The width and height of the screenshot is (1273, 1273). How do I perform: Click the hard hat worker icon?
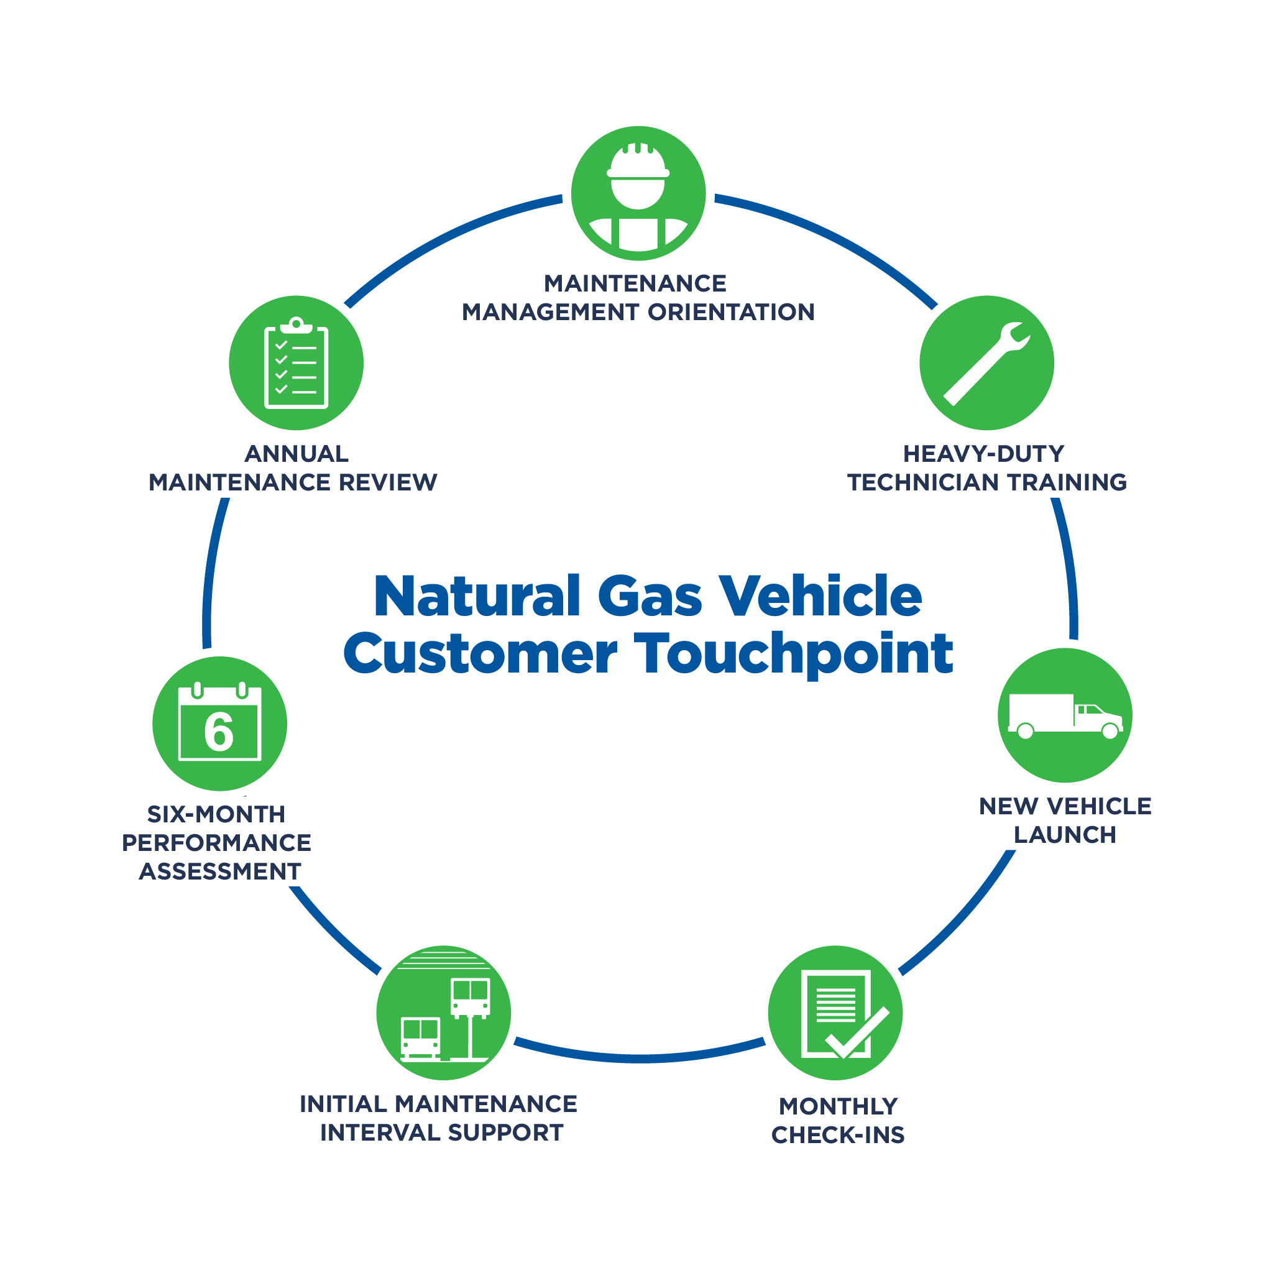click(638, 194)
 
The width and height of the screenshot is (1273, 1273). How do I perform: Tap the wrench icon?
click(986, 363)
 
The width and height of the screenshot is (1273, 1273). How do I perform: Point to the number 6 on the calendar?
click(219, 732)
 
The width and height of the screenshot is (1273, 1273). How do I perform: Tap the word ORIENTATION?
click(732, 312)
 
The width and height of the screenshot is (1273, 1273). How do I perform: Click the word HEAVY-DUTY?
click(983, 454)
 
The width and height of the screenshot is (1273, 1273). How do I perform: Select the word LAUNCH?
click(1064, 835)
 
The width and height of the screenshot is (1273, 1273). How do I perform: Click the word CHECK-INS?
click(837, 1135)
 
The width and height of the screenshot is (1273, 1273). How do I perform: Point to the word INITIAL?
click(342, 1105)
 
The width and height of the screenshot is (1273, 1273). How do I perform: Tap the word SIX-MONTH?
click(216, 814)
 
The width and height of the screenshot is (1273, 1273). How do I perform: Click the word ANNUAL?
click(296, 454)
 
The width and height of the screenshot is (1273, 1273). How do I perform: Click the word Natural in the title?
click(476, 596)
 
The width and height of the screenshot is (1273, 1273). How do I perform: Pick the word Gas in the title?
click(650, 596)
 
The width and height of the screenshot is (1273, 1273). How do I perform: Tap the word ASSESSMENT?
click(219, 871)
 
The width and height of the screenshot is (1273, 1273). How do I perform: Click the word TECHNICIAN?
click(923, 483)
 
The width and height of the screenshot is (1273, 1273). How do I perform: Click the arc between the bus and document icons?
click(639, 1058)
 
